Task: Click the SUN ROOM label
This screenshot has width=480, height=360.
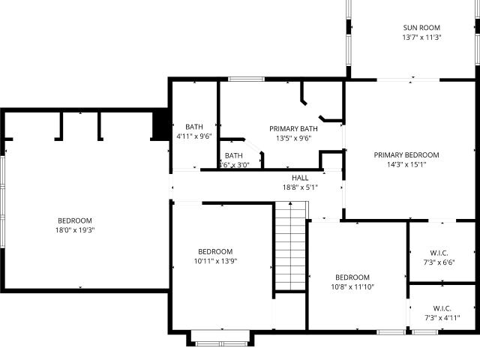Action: click(421, 28)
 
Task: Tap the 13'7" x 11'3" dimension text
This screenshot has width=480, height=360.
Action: click(421, 37)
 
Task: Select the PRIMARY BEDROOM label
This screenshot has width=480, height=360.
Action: click(406, 155)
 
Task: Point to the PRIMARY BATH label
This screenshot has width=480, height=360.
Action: click(293, 129)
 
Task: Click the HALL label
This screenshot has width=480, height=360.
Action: click(300, 178)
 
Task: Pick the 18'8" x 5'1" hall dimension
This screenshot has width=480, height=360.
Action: click(300, 187)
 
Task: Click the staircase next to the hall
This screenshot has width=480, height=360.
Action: click(290, 246)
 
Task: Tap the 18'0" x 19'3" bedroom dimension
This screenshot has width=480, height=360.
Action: click(75, 230)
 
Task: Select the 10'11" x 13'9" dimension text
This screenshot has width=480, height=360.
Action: click(215, 261)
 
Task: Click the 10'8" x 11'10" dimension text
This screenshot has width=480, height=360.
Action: click(352, 286)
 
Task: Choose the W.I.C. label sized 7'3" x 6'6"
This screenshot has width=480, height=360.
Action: click(439, 253)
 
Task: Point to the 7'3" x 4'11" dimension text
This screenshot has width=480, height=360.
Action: click(442, 318)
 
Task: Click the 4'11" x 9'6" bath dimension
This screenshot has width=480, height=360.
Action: click(194, 136)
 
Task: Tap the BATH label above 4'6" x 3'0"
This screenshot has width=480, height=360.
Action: click(233, 155)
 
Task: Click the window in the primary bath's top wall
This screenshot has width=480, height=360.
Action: click(247, 79)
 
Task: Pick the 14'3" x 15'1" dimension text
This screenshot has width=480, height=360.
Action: click(406, 165)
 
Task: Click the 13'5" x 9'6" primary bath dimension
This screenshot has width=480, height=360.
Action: click(293, 138)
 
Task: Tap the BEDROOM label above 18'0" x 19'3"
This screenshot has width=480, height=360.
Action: click(75, 220)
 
